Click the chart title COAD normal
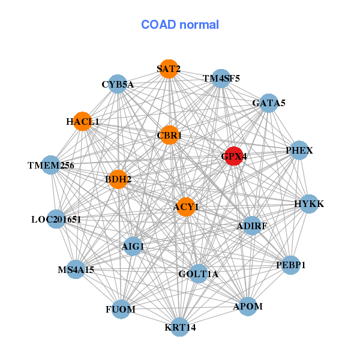180,25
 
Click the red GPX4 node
233,155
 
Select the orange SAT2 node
169,68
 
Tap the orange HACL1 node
82,121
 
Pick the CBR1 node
169,135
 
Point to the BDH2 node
118,178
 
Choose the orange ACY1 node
186,206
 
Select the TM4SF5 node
221,78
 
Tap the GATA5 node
268,103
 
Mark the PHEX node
299,150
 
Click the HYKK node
308,204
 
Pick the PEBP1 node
290,265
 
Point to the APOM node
248,306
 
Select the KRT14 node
180,327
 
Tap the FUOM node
121,309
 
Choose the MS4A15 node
76,270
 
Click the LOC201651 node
56,220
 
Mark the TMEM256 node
51,165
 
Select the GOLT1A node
199,274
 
